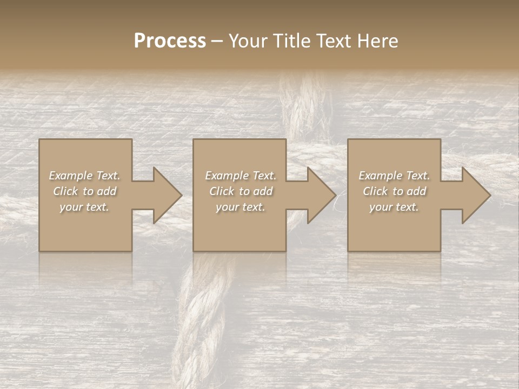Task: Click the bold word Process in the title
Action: [x=170, y=41]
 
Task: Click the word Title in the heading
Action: [x=290, y=41]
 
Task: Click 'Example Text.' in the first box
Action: [x=84, y=176]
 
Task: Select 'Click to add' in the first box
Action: [x=84, y=191]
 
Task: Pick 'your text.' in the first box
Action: [x=84, y=207]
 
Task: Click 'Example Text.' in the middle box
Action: [x=240, y=176]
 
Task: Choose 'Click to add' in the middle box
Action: [x=240, y=191]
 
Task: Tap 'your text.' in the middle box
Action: [x=240, y=207]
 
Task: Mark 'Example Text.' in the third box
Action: [x=394, y=176]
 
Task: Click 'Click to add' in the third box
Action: [x=394, y=191]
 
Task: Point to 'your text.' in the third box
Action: [x=394, y=207]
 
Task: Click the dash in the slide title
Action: [x=217, y=42]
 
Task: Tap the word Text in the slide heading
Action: [x=332, y=41]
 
